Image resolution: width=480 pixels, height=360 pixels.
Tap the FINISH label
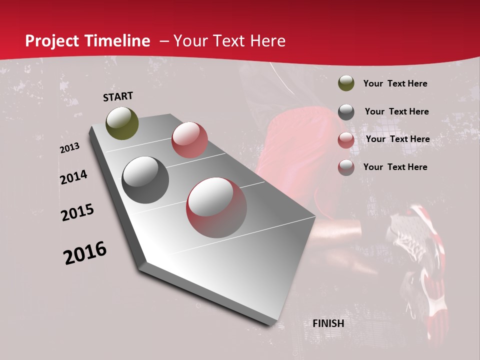point(328,323)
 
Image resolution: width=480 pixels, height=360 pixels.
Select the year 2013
point(69,148)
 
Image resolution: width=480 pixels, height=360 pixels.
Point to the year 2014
point(73,177)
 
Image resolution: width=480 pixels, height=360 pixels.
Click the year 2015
point(77,212)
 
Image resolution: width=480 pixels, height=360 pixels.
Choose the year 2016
point(85,253)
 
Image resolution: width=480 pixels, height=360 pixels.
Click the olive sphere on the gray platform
point(122,123)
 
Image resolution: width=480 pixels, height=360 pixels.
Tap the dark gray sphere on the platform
point(145,180)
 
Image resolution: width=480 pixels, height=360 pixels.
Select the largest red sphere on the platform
point(216,207)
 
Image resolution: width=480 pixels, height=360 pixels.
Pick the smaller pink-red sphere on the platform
point(189,140)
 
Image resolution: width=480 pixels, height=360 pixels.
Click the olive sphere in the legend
point(346,83)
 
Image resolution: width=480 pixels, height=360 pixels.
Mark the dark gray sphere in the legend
point(346,112)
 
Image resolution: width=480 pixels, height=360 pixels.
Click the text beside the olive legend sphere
point(395,83)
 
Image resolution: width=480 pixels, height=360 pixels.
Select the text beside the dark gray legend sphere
point(396,111)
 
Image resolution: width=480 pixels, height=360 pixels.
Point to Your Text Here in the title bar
point(229,41)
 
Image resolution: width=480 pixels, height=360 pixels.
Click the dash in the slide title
point(164,41)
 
